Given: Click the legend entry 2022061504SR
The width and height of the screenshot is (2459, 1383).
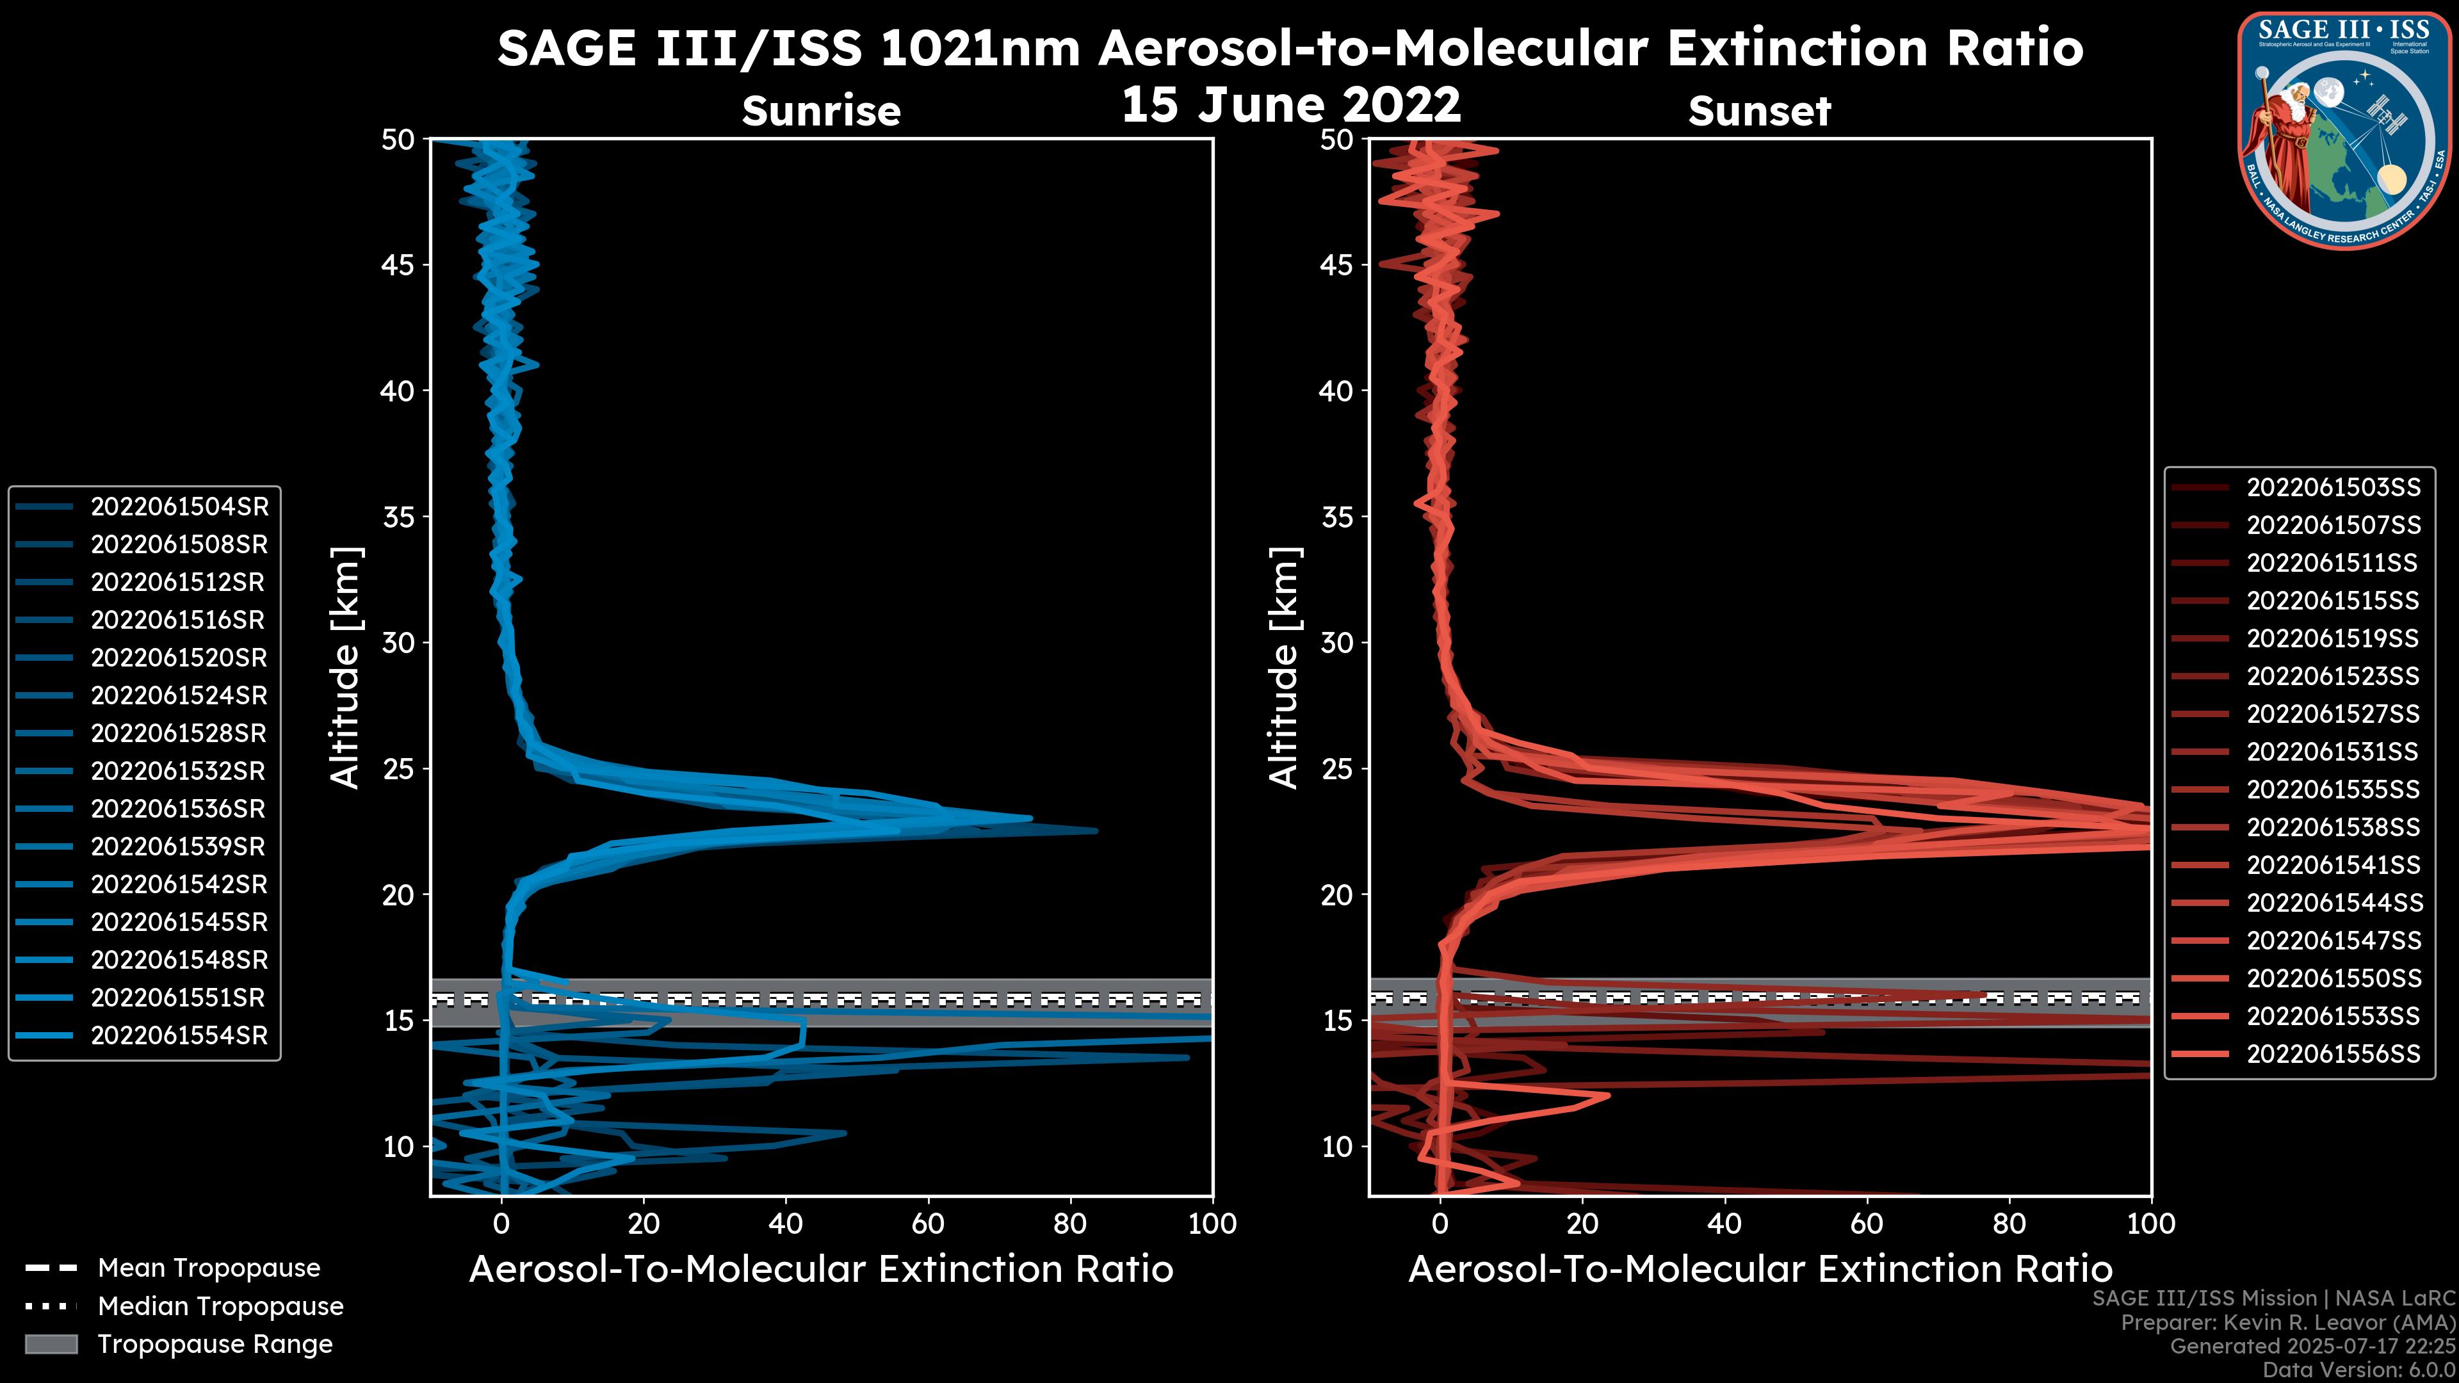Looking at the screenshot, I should point(179,507).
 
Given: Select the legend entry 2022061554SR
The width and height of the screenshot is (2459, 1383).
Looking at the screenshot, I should point(179,1035).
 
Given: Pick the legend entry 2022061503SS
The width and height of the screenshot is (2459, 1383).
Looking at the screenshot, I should point(2333,488).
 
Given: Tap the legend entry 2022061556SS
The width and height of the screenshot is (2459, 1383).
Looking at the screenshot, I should point(2333,1054).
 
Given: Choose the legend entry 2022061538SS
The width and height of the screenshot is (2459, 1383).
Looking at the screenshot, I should point(2333,827).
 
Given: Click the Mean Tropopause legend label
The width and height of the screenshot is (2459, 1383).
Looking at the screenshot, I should point(208,1268).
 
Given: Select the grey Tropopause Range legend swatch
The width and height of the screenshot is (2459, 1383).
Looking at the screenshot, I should point(51,1344).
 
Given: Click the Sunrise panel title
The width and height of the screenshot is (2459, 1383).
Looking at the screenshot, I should point(821,111).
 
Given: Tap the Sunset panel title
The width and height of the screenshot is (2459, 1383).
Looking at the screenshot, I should point(1759,111).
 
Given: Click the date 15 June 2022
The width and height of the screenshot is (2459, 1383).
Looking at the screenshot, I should point(1290,104).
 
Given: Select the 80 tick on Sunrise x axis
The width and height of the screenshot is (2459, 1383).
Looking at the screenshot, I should point(1070,1224).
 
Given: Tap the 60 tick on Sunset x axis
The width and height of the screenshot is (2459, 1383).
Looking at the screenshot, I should point(1867,1224).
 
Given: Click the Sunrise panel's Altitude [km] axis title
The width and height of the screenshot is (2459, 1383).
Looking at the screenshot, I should point(346,667).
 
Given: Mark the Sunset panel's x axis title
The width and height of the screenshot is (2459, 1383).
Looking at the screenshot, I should point(1759,1270).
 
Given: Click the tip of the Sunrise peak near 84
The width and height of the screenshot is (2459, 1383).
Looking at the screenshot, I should point(1096,830).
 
